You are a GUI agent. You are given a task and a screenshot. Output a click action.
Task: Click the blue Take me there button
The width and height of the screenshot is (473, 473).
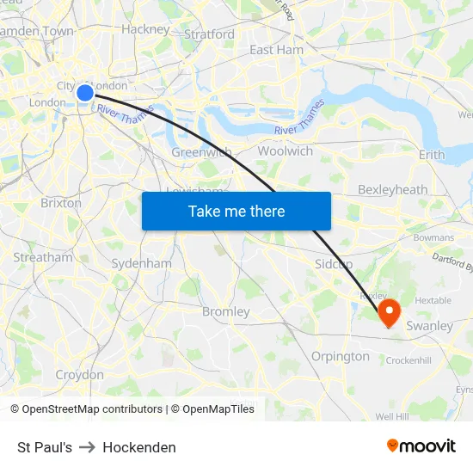(x=236, y=211)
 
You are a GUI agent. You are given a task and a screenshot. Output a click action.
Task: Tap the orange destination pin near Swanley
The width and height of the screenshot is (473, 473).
(x=389, y=310)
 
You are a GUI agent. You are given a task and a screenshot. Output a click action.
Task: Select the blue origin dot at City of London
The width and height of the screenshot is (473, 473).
(x=85, y=93)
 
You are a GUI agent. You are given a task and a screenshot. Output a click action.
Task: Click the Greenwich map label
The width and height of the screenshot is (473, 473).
(x=201, y=152)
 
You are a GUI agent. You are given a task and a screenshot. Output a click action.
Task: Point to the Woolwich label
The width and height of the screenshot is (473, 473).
(x=285, y=150)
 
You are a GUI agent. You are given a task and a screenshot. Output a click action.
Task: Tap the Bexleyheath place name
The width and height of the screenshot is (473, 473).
(x=392, y=189)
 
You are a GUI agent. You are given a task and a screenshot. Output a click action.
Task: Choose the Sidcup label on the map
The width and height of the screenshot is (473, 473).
(x=335, y=263)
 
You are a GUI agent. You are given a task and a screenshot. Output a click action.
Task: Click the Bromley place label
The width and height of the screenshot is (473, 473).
(x=225, y=311)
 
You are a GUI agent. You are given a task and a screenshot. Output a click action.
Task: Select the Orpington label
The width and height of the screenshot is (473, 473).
(x=340, y=356)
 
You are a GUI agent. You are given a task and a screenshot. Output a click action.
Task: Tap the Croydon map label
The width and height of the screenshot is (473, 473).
(x=79, y=375)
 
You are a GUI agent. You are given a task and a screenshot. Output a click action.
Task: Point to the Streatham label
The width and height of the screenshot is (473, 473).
(x=43, y=257)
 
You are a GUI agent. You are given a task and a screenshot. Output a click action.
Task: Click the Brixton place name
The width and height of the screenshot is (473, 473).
(x=61, y=204)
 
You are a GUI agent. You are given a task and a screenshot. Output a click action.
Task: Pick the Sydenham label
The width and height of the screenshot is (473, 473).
(x=141, y=263)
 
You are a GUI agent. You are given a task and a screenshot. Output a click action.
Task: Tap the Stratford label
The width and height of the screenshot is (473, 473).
(x=209, y=34)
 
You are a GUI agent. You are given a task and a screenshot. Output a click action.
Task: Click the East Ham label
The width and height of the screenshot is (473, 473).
(x=276, y=50)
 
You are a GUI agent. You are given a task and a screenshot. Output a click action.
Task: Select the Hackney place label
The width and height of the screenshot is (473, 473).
(x=145, y=29)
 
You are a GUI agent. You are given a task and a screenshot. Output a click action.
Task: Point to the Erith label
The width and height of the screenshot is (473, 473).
(x=432, y=155)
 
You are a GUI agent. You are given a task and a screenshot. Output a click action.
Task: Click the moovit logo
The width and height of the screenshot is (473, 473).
(x=421, y=445)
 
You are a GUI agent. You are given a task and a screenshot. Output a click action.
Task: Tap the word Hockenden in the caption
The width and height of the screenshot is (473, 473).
(x=139, y=447)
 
